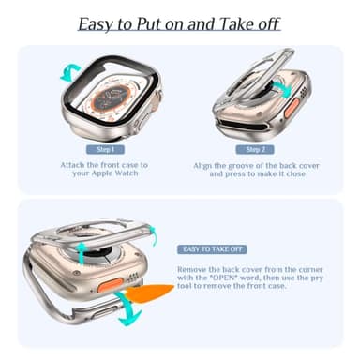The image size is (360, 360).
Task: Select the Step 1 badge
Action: click(103, 149)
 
